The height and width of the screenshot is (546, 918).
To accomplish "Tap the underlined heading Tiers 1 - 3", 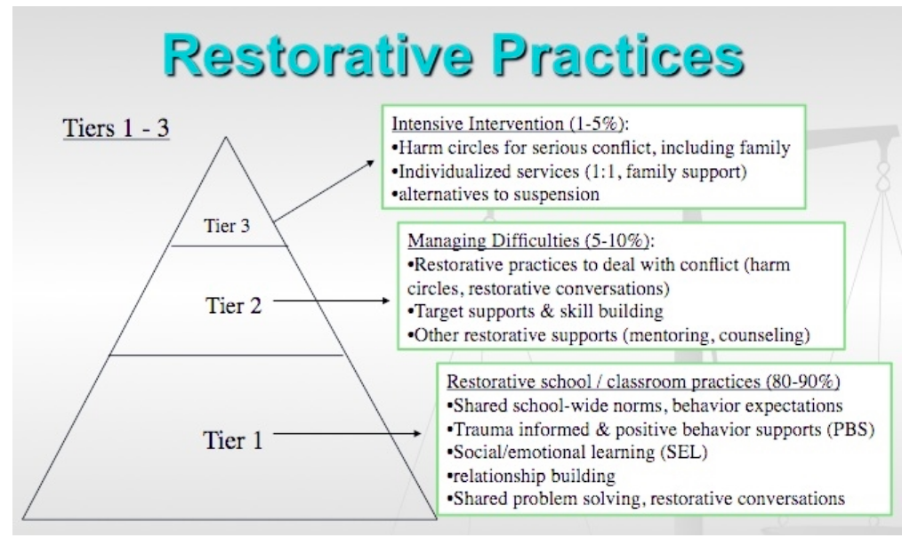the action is coord(116,128).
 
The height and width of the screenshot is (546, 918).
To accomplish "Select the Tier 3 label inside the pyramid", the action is coord(227,225).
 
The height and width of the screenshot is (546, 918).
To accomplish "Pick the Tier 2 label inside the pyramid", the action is coord(234,305).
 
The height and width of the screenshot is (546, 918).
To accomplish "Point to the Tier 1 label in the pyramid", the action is coord(233,440).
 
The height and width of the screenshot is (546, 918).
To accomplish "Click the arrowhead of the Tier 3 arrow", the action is coord(371,164).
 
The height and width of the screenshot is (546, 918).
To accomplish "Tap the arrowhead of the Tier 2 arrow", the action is coord(384,301).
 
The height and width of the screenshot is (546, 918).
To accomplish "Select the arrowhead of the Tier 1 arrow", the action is coord(416,434).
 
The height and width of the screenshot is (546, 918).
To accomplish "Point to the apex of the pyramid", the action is coord(226,137).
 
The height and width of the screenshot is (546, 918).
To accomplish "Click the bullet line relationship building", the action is coord(531,476).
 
